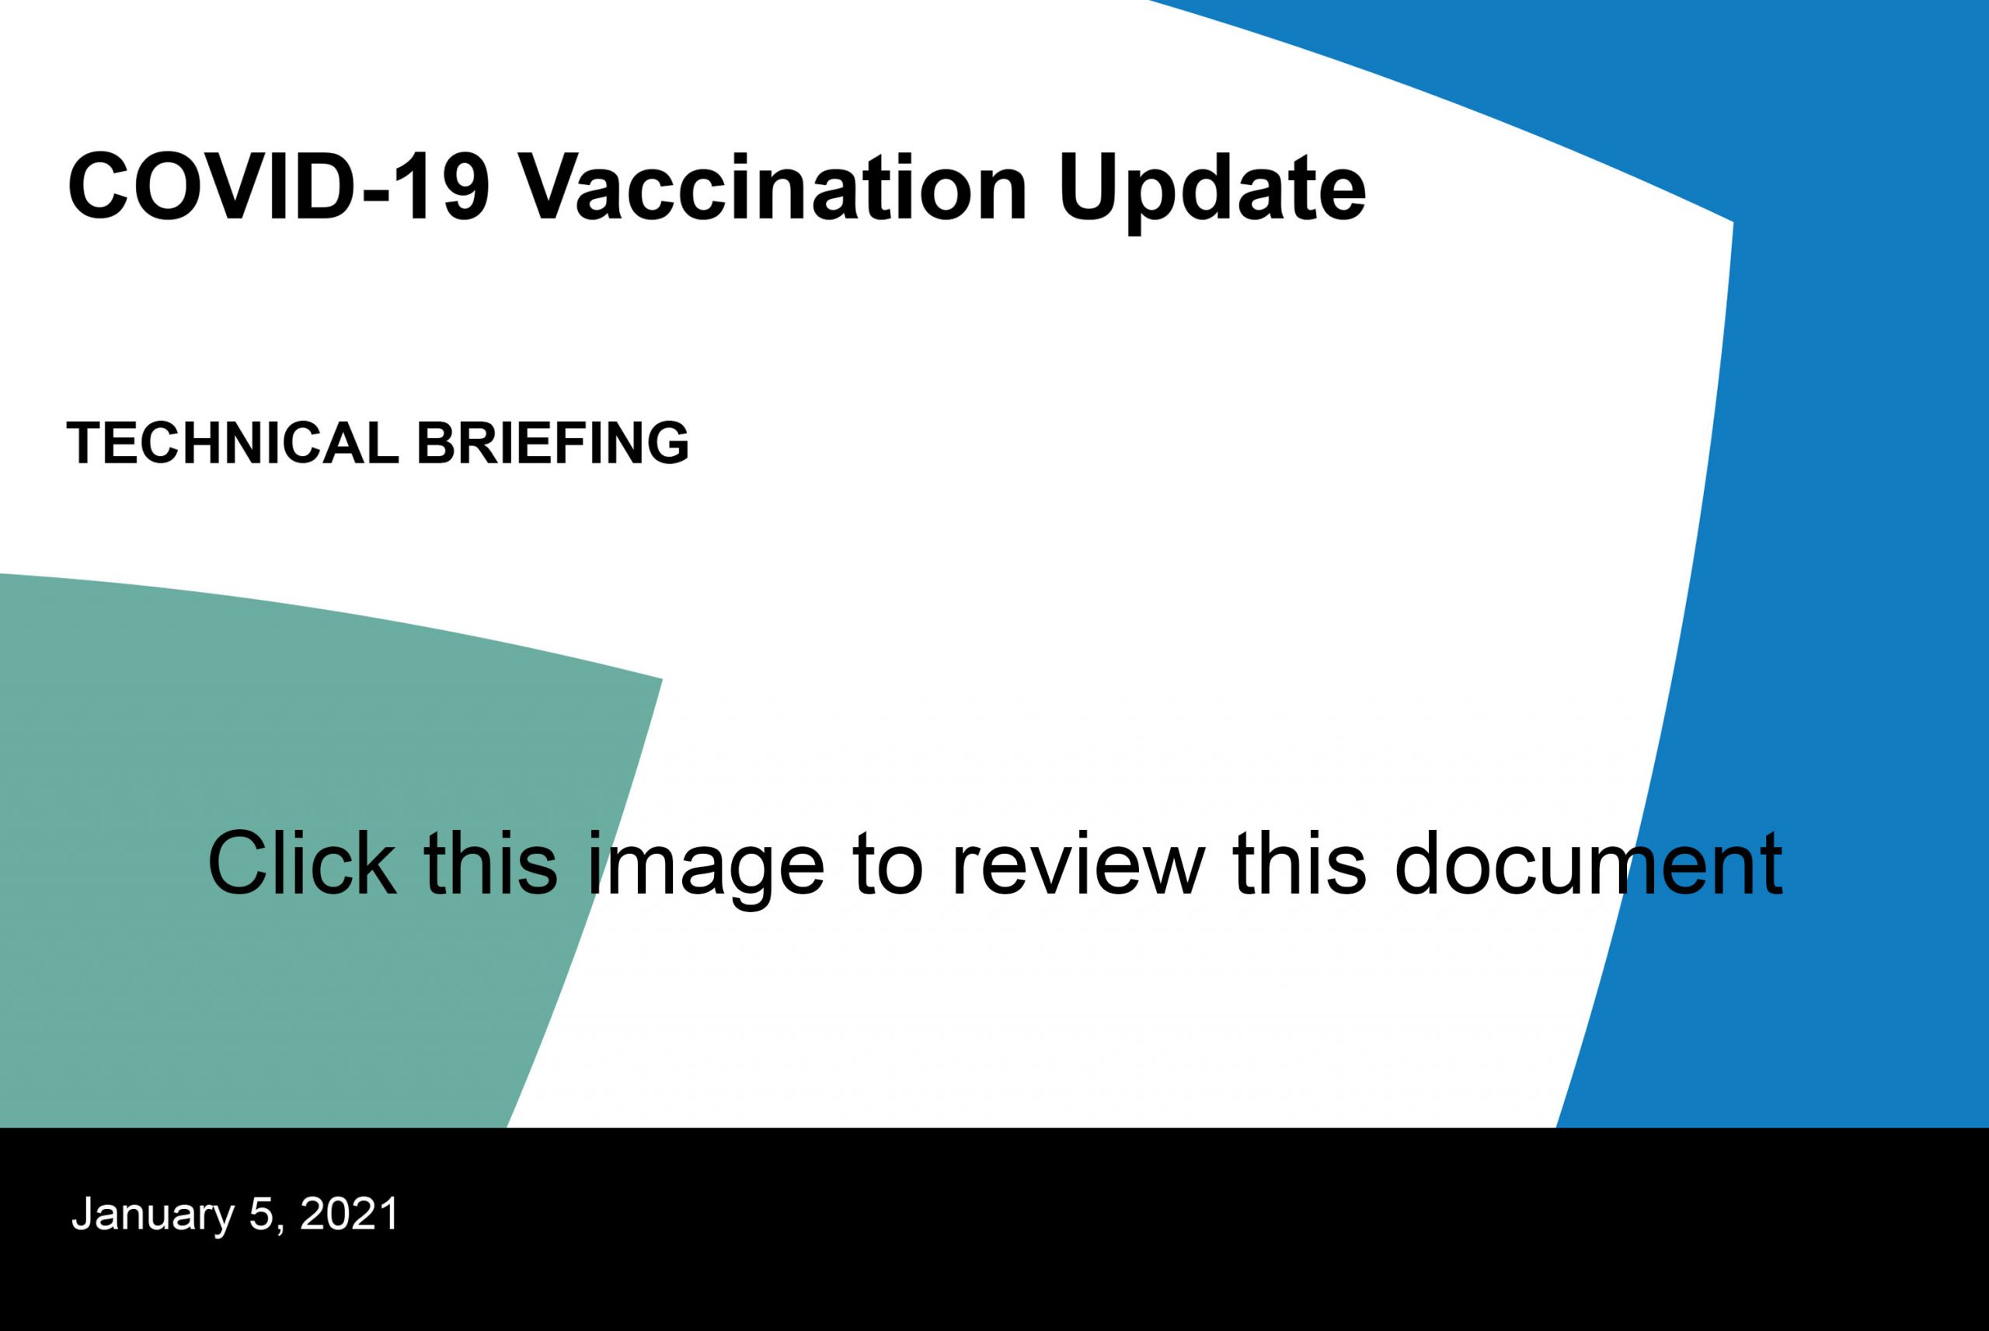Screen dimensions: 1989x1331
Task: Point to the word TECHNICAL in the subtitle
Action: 232,443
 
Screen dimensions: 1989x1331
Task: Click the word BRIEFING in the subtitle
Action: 552,443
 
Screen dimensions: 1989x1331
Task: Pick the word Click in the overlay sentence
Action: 302,863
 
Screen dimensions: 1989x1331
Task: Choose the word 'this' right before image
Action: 491,863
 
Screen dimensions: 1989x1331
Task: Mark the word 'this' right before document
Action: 1299,863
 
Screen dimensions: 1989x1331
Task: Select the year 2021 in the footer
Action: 349,1214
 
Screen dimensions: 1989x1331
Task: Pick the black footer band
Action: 994,1229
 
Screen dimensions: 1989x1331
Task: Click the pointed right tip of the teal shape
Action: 661,679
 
